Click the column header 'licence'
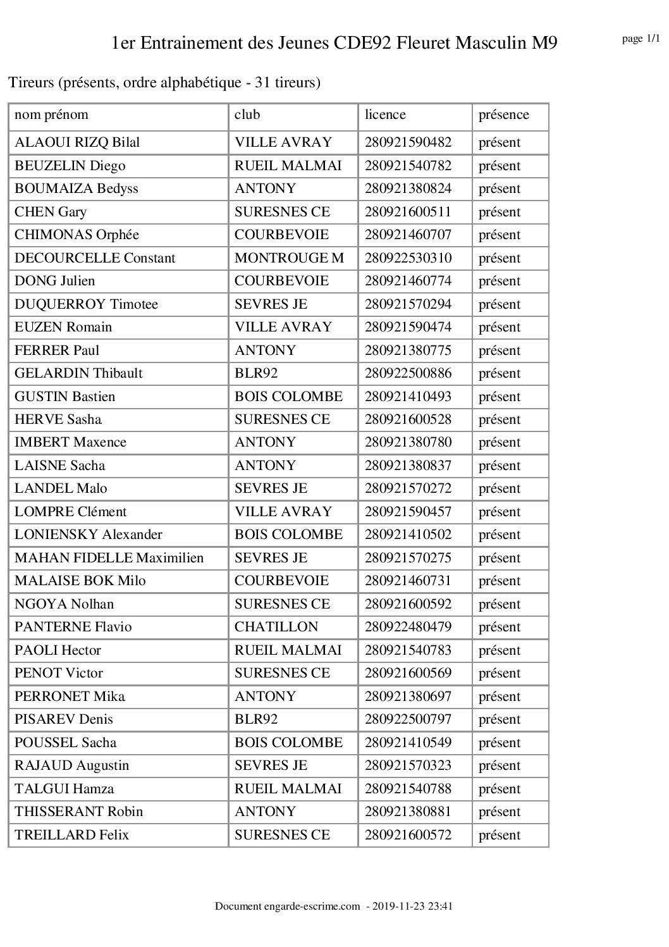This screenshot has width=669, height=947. [385, 115]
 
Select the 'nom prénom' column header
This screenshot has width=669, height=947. [51, 115]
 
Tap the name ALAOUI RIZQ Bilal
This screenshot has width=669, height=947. [77, 142]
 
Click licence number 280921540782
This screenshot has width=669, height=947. [408, 166]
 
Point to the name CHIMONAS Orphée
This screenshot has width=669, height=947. [77, 235]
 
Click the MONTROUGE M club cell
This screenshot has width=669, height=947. [289, 258]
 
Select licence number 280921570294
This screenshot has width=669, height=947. [408, 304]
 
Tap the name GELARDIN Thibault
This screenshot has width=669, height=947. [78, 373]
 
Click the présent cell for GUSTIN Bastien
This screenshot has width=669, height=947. [500, 397]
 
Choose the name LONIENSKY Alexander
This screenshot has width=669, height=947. [89, 535]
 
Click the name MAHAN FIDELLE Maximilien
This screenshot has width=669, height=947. [109, 558]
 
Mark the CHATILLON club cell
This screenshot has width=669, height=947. [276, 627]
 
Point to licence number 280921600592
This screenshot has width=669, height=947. [408, 604]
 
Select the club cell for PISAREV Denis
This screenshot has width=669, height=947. [256, 719]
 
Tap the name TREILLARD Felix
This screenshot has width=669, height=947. [71, 835]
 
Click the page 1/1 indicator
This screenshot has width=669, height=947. [641, 39]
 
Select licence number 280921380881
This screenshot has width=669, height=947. [408, 812]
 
